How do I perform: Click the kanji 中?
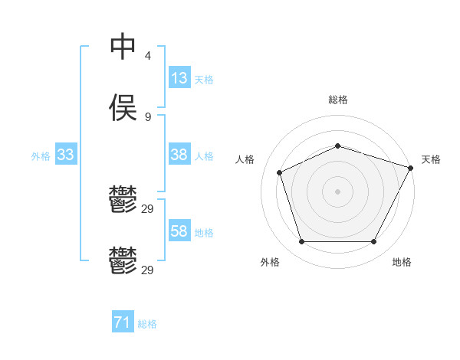(123, 47)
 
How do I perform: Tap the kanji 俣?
(123, 108)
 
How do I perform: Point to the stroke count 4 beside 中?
(148, 56)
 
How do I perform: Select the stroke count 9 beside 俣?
(148, 117)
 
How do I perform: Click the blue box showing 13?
(179, 78)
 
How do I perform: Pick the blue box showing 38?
(179, 155)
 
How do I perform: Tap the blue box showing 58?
(179, 231)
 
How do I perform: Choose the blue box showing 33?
(66, 155)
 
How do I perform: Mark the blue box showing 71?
(123, 323)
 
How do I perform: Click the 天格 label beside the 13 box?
(204, 80)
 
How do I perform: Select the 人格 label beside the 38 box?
(204, 156)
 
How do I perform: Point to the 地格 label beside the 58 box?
(204, 233)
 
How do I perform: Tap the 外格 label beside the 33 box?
(41, 156)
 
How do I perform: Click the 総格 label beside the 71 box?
(147, 325)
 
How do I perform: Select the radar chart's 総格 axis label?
(338, 100)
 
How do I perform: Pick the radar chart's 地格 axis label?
(402, 263)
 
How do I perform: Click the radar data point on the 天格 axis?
(411, 167)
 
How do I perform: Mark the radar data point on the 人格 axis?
(280, 172)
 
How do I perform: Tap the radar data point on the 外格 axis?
(301, 242)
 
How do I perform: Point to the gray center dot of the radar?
(338, 191)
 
